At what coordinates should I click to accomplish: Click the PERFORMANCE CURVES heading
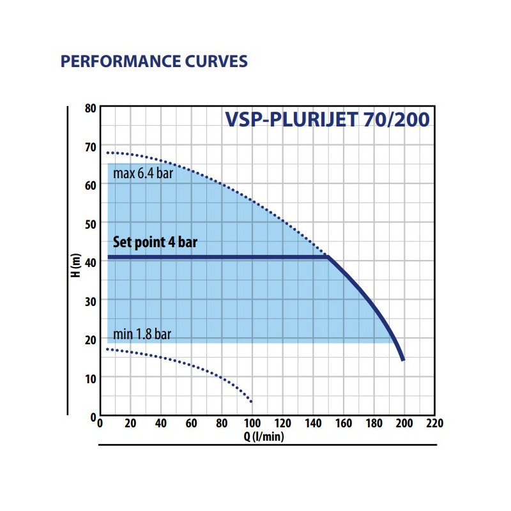153,62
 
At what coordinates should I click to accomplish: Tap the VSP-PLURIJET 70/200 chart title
326,120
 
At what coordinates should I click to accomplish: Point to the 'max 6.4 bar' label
143,173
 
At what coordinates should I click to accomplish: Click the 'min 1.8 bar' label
142,334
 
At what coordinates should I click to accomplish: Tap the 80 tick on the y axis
90,108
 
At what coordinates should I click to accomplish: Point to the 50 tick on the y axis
90,224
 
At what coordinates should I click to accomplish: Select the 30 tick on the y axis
90,301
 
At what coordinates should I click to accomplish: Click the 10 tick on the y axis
90,378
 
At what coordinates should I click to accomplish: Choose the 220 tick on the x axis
434,423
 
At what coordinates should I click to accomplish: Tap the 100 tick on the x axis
252,423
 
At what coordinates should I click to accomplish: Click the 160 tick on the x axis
344,423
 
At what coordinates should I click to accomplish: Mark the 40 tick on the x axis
161,423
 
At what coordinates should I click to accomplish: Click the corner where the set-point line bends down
328,257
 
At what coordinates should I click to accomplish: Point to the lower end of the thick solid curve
403,360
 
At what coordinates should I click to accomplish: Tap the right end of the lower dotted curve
252,402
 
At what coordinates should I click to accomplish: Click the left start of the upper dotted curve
108,153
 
